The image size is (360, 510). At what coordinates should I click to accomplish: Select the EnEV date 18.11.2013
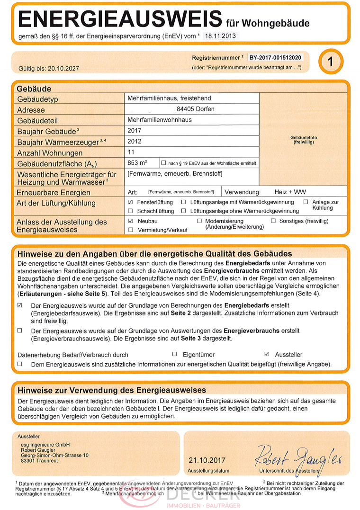(x=221, y=36)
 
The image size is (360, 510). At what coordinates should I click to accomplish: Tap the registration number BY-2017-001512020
(x=275, y=57)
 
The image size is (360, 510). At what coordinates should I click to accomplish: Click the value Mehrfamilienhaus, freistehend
(x=169, y=98)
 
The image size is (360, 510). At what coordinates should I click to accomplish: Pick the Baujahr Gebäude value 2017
(x=135, y=130)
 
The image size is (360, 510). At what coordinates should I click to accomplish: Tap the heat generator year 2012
(x=135, y=141)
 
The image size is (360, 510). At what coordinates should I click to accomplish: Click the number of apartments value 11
(x=132, y=152)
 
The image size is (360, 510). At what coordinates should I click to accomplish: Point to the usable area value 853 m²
(x=137, y=163)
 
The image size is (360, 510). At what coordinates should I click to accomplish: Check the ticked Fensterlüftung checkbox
(x=130, y=202)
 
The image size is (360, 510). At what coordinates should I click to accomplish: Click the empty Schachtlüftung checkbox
(x=130, y=211)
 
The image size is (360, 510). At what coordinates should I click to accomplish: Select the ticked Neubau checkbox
(x=130, y=221)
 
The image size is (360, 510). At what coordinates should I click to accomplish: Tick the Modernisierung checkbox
(x=199, y=221)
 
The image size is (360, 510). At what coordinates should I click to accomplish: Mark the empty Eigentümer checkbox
(x=174, y=354)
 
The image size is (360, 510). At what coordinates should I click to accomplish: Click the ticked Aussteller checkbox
(x=267, y=354)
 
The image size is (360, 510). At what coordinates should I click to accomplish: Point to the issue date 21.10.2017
(x=207, y=460)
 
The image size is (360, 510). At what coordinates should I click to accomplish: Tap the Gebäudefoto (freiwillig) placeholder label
(x=304, y=140)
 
